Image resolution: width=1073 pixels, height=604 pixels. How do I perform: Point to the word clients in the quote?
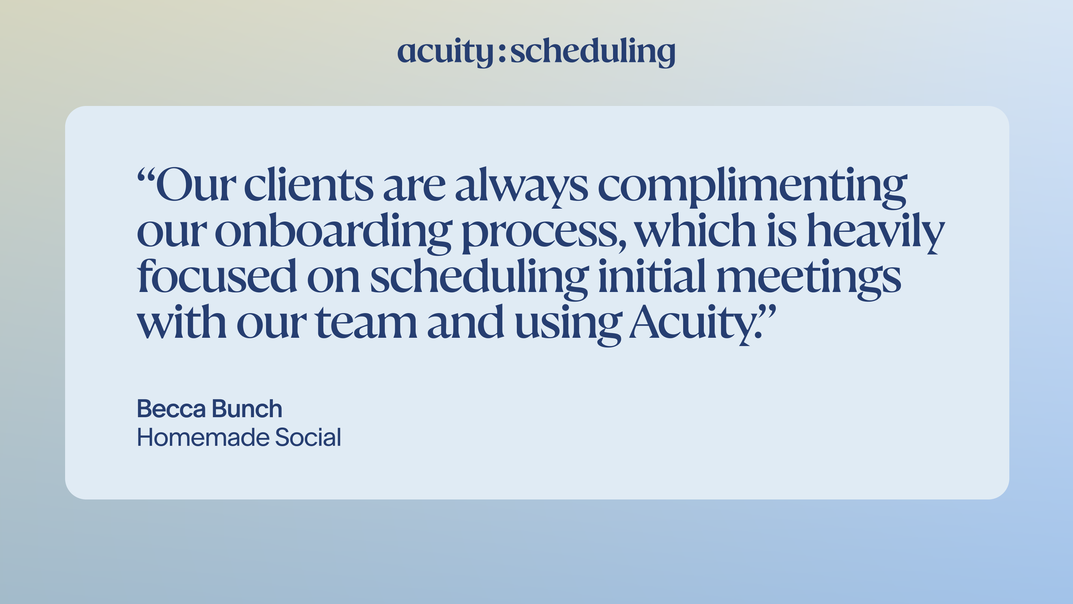click(x=309, y=186)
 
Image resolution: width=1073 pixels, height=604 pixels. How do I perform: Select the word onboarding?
click(x=333, y=232)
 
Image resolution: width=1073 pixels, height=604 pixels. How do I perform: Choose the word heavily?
click(x=876, y=232)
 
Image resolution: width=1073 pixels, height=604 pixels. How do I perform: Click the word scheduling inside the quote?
click(x=479, y=278)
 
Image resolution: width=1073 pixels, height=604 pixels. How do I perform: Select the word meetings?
click(x=809, y=278)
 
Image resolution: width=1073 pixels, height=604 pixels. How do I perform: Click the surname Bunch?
click(x=247, y=409)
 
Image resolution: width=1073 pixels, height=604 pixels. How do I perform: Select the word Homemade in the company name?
click(x=203, y=438)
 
